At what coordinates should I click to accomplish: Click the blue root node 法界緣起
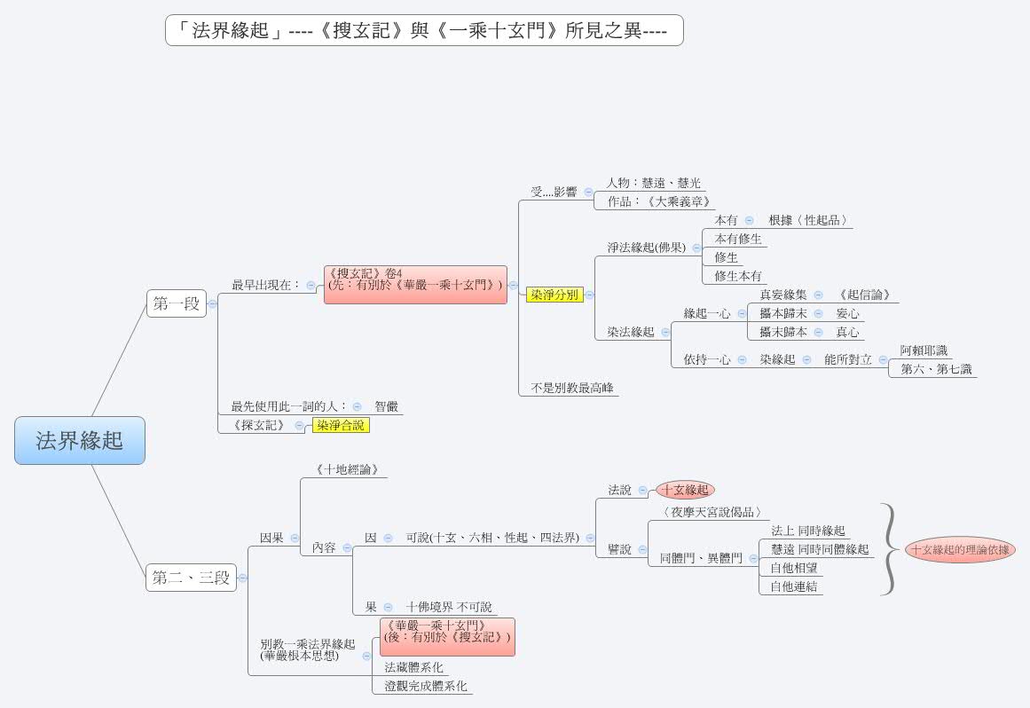tap(80, 440)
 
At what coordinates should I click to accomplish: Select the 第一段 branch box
tap(176, 303)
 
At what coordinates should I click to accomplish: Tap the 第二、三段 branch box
tap(191, 578)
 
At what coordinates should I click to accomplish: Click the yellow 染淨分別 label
tap(554, 295)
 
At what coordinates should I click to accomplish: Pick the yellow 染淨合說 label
tap(340, 425)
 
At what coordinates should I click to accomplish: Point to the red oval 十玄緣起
tap(685, 489)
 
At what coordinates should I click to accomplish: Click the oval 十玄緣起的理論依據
tap(960, 549)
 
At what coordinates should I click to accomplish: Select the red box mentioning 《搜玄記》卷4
tap(414, 284)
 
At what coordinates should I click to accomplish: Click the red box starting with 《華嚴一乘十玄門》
tap(447, 637)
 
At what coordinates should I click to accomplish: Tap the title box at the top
tap(424, 30)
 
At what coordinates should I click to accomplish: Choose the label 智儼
tap(387, 406)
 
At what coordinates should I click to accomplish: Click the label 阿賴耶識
tap(924, 350)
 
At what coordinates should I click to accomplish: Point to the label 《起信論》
tap(863, 295)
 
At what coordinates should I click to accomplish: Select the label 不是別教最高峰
tap(572, 388)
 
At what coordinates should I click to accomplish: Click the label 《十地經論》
tap(346, 469)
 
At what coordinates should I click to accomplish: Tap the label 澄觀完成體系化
tap(425, 686)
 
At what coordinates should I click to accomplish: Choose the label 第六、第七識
tap(936, 369)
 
